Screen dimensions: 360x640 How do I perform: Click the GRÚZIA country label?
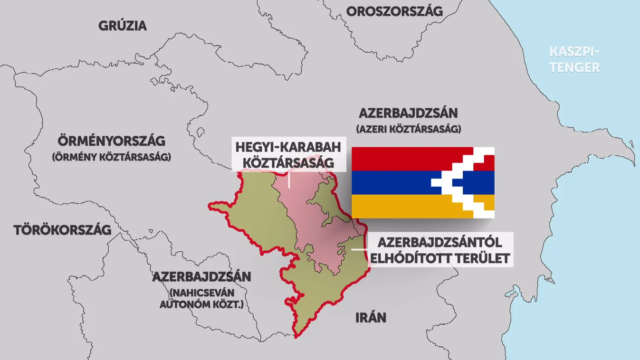(123, 26)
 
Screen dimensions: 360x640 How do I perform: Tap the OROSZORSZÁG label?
(394, 11)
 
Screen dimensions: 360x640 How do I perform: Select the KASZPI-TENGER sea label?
(574, 59)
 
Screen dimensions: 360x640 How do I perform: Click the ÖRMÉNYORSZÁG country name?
(111, 141)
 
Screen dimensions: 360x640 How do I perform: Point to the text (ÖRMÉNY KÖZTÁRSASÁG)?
(111, 157)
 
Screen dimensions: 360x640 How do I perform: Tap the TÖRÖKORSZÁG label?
(62, 230)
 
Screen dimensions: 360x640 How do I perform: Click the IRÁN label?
(371, 317)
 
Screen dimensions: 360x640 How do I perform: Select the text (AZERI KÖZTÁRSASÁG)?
(408, 129)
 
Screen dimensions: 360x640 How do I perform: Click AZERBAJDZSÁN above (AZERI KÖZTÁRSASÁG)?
(408, 114)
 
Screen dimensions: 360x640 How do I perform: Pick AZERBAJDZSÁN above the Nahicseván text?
(201, 277)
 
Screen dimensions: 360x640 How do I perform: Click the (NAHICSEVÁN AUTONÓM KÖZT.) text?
(201, 298)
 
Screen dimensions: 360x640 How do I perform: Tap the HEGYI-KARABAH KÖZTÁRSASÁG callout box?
(288, 154)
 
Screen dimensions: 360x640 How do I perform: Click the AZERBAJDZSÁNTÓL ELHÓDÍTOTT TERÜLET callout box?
(440, 250)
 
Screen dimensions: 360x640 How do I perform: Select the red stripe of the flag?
(404, 159)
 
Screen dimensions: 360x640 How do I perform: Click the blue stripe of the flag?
(390, 182)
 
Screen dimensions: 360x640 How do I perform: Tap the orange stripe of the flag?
(404, 206)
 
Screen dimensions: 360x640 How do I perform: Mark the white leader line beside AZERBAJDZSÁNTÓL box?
(359, 249)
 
